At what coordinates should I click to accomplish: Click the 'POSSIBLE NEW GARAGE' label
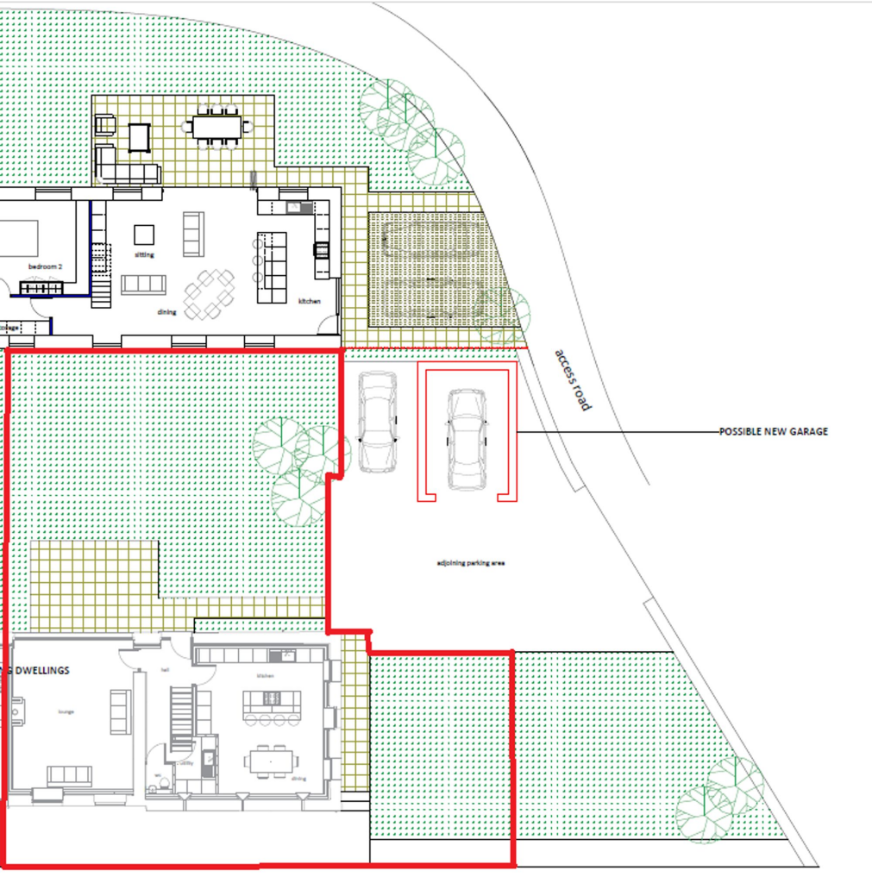tap(773, 431)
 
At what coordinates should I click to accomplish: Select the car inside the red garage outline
tap(467, 437)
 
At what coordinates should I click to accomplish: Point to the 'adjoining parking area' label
tap(470, 564)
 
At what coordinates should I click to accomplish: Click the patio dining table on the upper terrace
tap(217, 127)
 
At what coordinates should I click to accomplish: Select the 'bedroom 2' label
tap(45, 267)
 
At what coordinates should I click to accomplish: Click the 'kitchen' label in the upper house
tap(309, 301)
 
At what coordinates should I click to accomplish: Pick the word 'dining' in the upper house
tap(166, 312)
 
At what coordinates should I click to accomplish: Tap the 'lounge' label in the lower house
tap(66, 711)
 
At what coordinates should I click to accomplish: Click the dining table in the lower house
tap(271, 762)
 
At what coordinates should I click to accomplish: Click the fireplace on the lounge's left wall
tap(15, 712)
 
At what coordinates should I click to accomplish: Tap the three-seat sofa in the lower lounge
tap(69, 773)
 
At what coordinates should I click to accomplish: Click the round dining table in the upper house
tap(210, 293)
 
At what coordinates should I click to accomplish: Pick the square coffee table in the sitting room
tap(144, 235)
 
